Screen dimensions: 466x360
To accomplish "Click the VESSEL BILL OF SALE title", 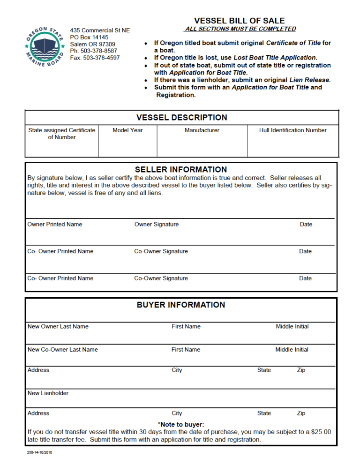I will [239, 21].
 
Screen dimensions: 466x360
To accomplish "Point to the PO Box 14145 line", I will [89, 37].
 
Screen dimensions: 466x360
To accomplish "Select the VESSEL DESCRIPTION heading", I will [181, 118].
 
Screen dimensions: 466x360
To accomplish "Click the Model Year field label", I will [127, 130].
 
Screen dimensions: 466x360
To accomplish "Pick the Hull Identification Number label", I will [292, 130].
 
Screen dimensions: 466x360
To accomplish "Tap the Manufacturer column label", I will [202, 130].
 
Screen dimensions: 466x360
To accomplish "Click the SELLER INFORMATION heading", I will [181, 169].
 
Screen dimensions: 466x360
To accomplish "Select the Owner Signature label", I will [157, 225].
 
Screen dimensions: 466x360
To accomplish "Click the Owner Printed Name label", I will [55, 225].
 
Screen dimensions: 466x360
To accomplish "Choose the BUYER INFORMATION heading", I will [181, 305].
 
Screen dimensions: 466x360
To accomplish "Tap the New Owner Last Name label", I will [58, 327].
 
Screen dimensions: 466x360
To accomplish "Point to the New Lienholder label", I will [48, 393].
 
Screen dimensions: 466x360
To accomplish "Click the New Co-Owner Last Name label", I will [63, 350].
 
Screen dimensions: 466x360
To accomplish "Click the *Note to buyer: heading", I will [181, 425].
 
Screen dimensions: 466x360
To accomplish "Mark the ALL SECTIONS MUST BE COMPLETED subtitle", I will [240, 29].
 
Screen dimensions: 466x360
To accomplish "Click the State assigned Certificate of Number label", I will [61, 134].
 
